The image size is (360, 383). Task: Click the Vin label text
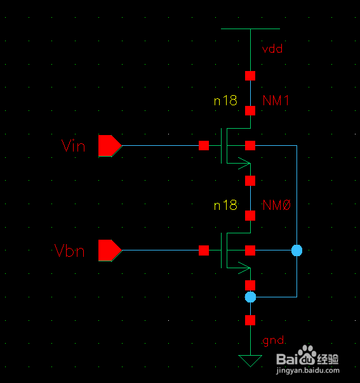(x=73, y=146)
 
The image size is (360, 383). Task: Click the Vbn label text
(x=69, y=250)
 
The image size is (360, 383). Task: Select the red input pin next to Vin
(x=110, y=146)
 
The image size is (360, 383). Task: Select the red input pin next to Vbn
(x=110, y=250)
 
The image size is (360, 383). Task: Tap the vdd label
(x=272, y=49)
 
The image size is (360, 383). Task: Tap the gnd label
(x=273, y=341)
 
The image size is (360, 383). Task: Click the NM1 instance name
(x=276, y=100)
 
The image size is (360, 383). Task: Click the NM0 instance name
(x=276, y=205)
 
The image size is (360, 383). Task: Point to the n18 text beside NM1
(x=225, y=100)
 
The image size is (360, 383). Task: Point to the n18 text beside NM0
(x=225, y=205)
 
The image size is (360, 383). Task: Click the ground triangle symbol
(x=250, y=361)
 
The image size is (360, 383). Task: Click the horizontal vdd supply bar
(x=250, y=29)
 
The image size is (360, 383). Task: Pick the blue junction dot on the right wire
(x=297, y=250)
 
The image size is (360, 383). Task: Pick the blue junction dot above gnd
(x=250, y=297)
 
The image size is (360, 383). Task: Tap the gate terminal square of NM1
(x=204, y=146)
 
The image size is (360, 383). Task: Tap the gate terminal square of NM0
(x=204, y=250)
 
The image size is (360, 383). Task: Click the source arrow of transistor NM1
(x=244, y=163)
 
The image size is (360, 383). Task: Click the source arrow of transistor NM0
(x=244, y=268)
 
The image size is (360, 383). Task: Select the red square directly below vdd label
(x=250, y=75)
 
